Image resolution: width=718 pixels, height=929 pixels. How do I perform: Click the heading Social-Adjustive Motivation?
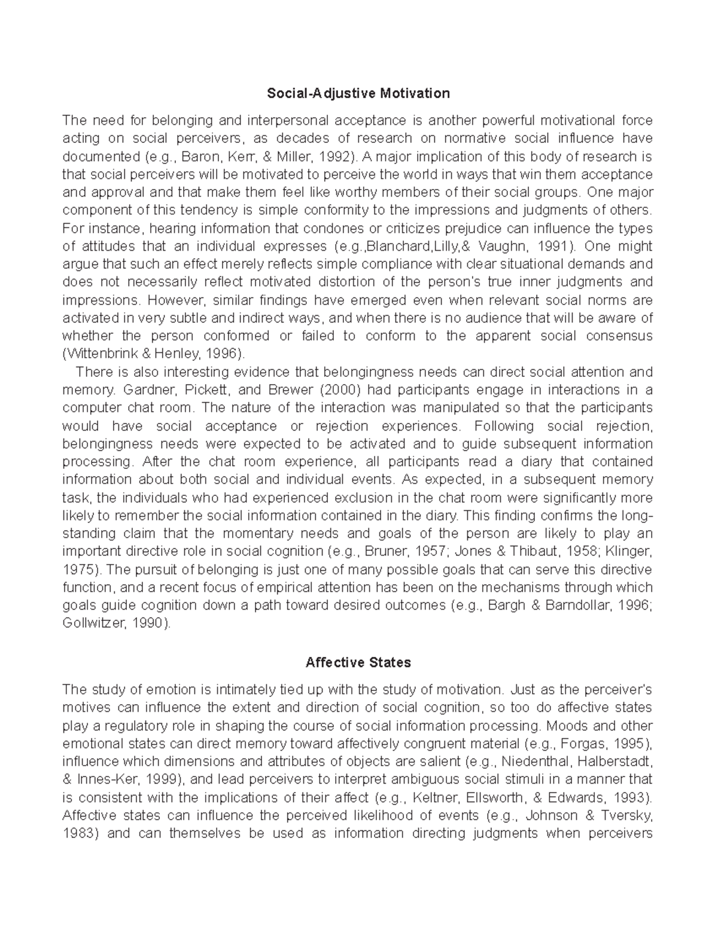358,93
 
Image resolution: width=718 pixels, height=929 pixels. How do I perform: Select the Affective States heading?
358,663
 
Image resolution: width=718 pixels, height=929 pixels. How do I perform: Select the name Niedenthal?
534,762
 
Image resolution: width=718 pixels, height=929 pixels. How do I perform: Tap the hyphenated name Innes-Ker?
104,779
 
